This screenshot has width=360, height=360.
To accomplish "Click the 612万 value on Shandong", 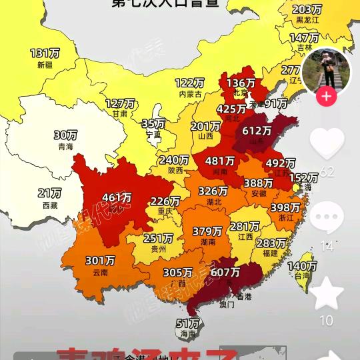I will [257, 131].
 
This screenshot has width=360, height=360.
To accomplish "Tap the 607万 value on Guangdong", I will [225, 272].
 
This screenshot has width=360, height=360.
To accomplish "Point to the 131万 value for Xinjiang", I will [45, 53].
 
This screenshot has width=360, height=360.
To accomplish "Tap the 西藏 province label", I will [49, 205].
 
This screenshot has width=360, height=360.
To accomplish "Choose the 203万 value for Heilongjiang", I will [308, 9].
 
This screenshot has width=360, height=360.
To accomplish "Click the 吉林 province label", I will [304, 48].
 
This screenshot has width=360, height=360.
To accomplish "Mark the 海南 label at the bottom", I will [189, 333].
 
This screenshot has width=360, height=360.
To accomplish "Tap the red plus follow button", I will [326, 97].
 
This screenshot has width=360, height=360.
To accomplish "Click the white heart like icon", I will [327, 143].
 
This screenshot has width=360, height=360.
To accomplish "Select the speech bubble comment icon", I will [327, 219].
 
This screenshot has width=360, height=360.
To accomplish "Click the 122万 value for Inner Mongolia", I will [189, 83].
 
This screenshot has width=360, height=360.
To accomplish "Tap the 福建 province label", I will [270, 253].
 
